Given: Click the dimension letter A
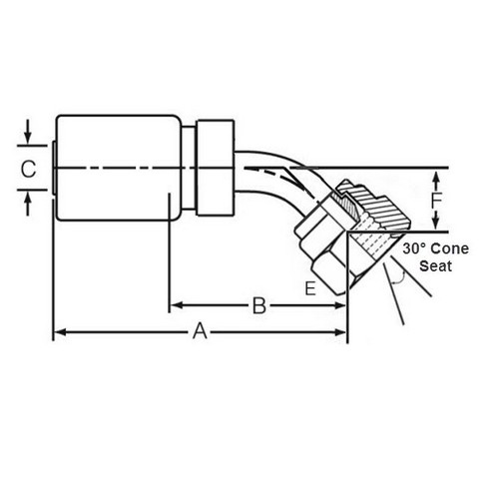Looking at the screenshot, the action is click(x=200, y=331).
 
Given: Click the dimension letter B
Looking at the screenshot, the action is click(x=259, y=305).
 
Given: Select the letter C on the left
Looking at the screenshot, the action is click(x=28, y=169).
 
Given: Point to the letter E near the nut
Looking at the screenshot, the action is click(x=310, y=288).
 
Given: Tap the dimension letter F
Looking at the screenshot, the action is click(x=436, y=201).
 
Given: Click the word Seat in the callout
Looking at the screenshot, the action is click(x=435, y=266).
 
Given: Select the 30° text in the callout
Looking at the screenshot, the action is click(x=413, y=248).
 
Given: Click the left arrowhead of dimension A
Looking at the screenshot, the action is click(x=59, y=331).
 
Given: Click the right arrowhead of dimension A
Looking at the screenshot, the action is click(x=341, y=331).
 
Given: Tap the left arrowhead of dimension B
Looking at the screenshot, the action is click(x=176, y=305).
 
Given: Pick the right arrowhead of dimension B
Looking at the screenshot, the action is click(x=341, y=305).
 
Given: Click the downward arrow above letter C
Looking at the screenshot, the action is click(x=28, y=132).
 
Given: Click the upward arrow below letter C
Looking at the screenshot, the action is click(x=28, y=204).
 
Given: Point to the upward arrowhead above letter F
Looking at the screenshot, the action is click(x=436, y=178).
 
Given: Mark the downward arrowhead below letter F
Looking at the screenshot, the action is click(x=436, y=224).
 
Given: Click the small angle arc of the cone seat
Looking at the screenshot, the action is click(x=399, y=278).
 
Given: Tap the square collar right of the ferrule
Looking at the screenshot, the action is click(x=216, y=168).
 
